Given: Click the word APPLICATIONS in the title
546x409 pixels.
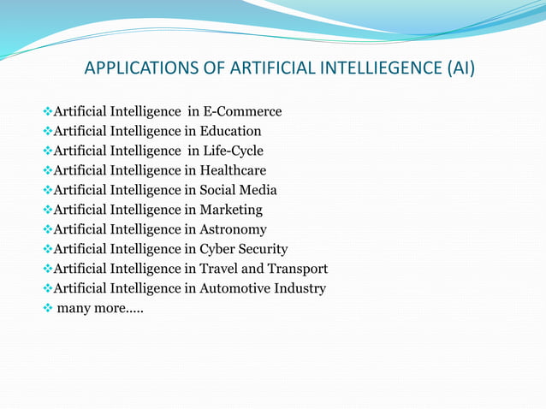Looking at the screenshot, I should point(138,68).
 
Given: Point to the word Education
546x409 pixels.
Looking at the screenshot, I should point(230,132).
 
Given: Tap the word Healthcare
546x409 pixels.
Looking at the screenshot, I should point(233,171).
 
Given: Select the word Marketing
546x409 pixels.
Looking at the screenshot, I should point(231,210).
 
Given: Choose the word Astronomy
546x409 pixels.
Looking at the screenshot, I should point(233,230).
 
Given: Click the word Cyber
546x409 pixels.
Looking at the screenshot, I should point(218,250).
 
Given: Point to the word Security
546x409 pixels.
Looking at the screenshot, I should point(264,250).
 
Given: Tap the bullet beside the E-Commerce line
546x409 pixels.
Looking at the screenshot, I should point(48,112).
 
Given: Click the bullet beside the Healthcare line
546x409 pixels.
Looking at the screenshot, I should point(48,171).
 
